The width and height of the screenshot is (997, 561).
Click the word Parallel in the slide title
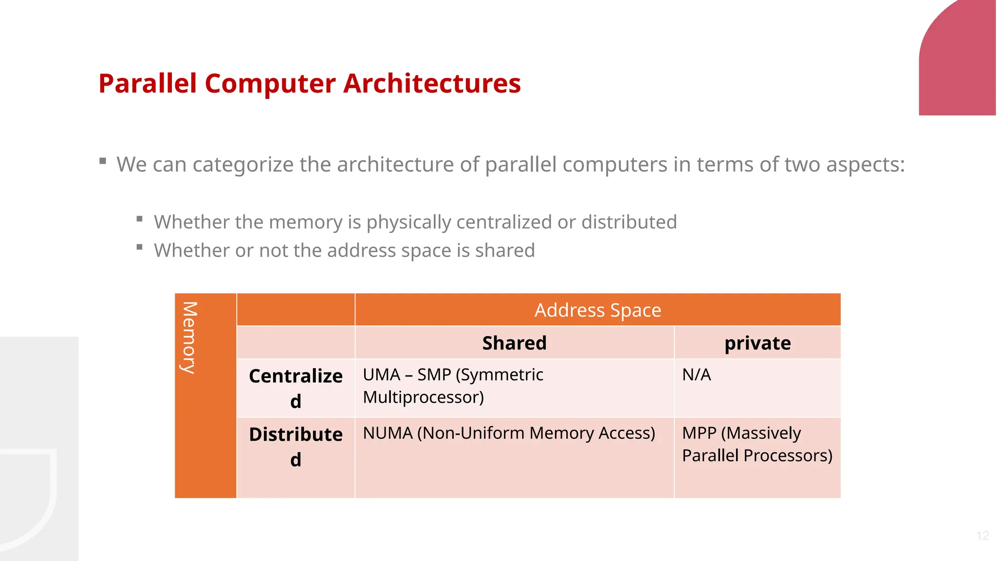click(148, 83)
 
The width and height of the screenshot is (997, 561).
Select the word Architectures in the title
click(432, 83)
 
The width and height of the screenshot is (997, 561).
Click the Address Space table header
click(597, 310)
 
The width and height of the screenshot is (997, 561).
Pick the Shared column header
click(514, 343)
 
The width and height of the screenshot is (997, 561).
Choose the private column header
click(757, 343)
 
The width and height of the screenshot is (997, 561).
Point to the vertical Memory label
click(189, 337)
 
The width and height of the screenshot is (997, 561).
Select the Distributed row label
click(295, 446)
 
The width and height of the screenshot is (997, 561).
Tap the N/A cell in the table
click(696, 375)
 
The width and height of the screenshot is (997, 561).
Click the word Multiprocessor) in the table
click(423, 397)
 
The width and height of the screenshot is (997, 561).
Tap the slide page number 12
click(982, 536)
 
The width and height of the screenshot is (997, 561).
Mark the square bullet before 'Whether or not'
click(140, 247)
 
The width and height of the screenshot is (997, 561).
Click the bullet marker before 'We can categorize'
click(103, 161)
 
